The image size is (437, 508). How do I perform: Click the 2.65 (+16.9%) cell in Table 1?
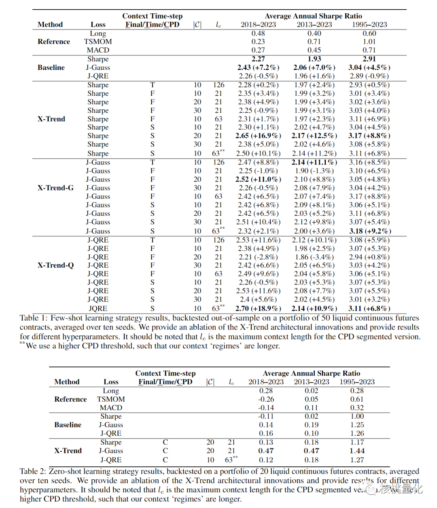point(258,136)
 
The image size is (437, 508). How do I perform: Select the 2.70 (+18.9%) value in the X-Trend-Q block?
point(258,308)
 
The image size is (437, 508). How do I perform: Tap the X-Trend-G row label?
point(55,188)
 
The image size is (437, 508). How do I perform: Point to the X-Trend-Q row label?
point(55,265)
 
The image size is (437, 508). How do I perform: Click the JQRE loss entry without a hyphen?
point(98,308)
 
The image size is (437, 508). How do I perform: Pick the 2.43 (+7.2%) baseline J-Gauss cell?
point(258,67)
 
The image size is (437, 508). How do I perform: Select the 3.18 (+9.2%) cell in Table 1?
point(370,231)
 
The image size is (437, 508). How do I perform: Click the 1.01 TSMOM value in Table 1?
point(369,42)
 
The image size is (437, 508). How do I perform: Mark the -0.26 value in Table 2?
point(266,399)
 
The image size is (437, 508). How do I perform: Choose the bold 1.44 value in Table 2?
point(357,451)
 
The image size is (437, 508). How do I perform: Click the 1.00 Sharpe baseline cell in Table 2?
point(357,416)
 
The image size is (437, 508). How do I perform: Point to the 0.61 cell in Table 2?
point(357,399)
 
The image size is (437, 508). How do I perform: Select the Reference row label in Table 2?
point(70,399)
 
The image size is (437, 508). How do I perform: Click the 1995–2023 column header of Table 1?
point(369,25)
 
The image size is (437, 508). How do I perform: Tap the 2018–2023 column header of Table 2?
point(266,382)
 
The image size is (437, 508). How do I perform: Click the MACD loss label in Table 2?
point(111,408)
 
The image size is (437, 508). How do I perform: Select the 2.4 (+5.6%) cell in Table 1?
point(258,299)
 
